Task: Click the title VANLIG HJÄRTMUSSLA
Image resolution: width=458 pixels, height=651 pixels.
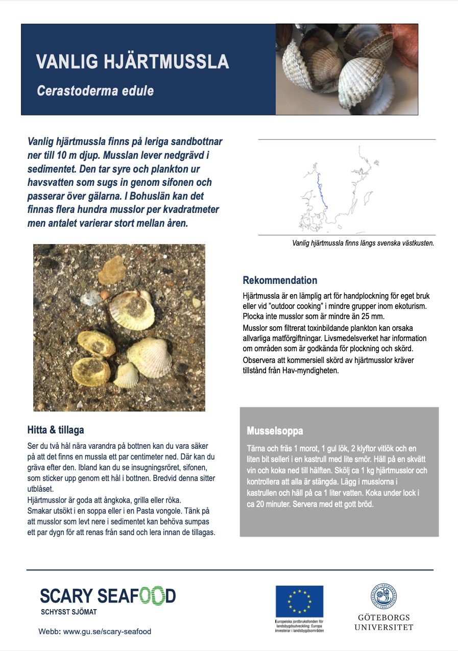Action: (x=132, y=62)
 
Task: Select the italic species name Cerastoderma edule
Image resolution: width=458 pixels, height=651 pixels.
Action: (x=95, y=91)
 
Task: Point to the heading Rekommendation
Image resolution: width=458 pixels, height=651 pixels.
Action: (x=280, y=280)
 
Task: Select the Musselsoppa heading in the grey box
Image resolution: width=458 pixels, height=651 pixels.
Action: (x=275, y=430)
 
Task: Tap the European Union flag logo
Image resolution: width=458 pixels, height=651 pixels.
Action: (x=299, y=601)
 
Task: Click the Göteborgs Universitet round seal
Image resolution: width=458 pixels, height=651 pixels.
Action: (x=384, y=597)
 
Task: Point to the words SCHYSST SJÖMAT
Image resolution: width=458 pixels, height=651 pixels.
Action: (x=68, y=612)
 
